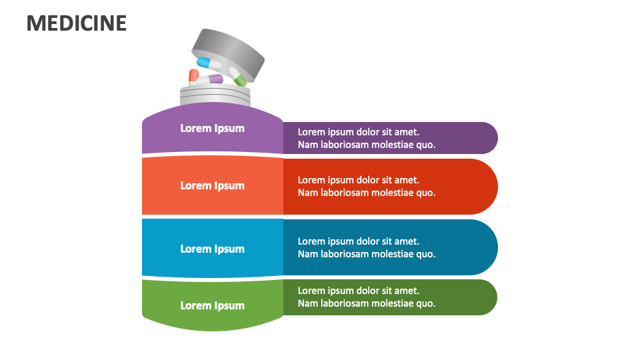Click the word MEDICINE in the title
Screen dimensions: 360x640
(x=77, y=23)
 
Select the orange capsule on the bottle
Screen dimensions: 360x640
(x=193, y=77)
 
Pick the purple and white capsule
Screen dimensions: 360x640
(x=212, y=79)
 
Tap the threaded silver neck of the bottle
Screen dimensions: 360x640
(x=215, y=97)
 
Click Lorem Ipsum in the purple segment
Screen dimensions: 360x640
(x=212, y=128)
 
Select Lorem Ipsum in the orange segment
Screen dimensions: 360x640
(x=212, y=185)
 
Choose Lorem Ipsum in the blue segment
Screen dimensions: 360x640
(x=212, y=249)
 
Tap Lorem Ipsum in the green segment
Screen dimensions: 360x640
(x=212, y=305)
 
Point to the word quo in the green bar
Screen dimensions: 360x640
(x=427, y=303)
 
